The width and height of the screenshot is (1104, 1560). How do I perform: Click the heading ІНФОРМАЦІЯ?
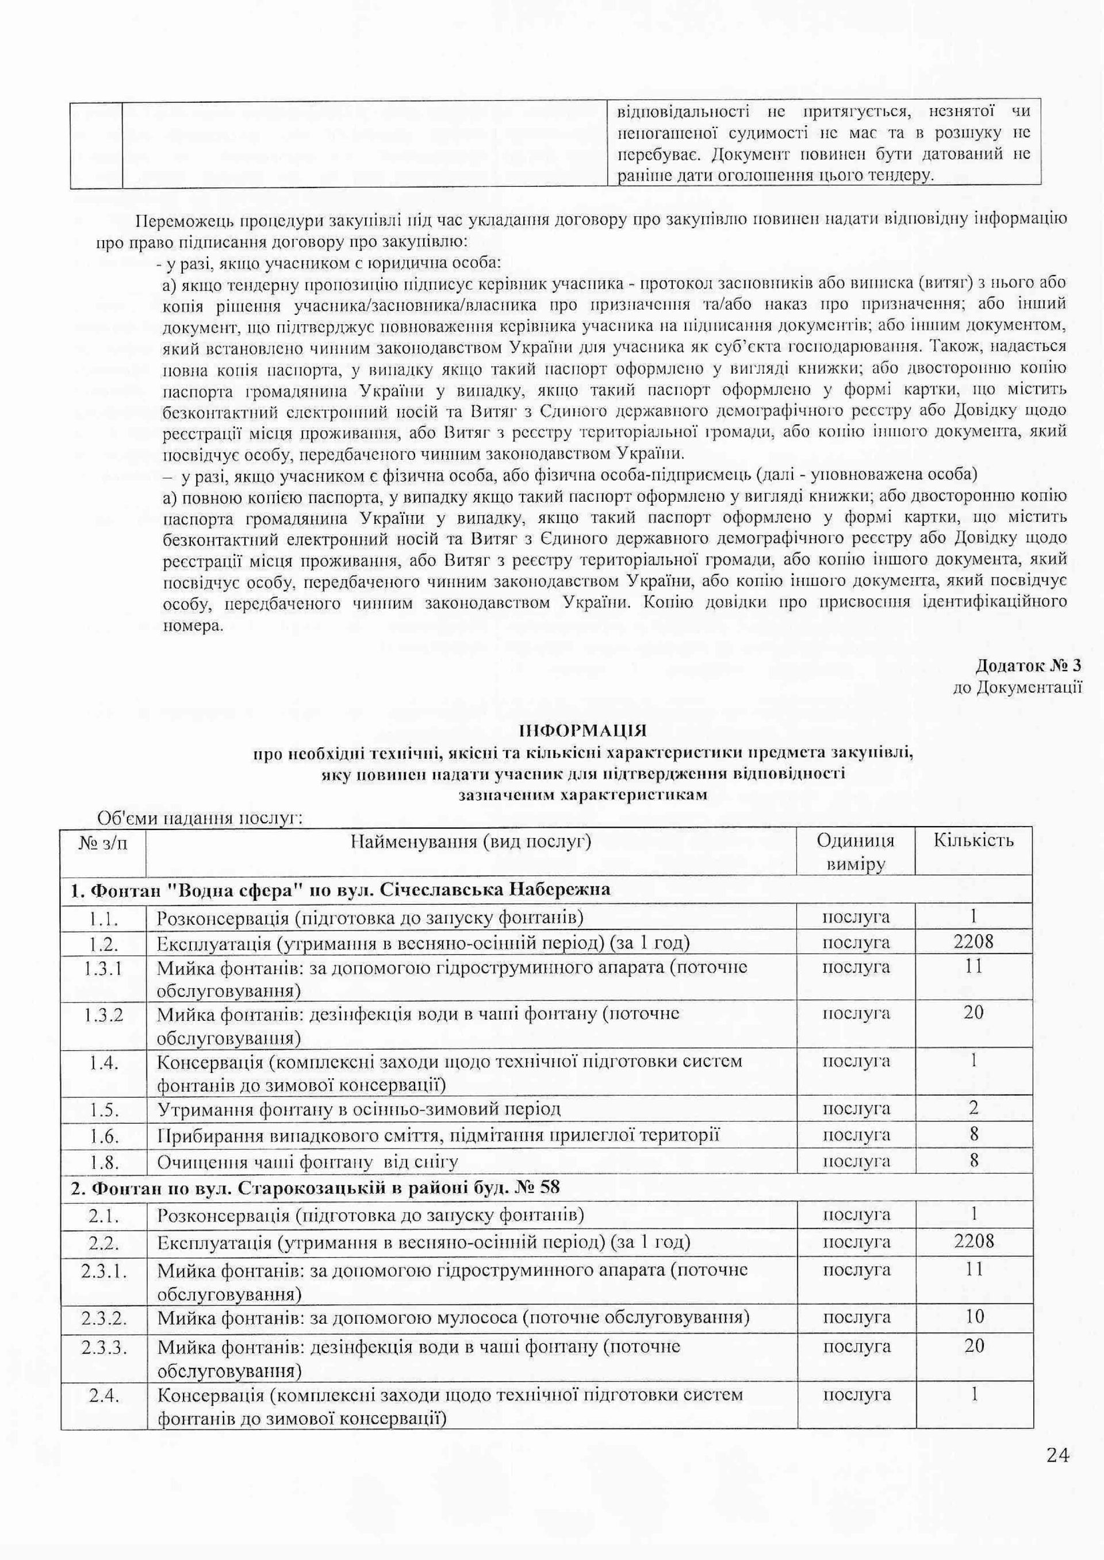(583, 731)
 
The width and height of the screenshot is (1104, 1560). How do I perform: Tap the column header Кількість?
(973, 840)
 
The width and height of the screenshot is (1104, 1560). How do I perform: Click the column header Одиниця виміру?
(855, 852)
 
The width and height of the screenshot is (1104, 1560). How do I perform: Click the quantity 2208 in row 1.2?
(973, 942)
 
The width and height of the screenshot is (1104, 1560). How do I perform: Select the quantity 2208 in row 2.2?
(973, 1242)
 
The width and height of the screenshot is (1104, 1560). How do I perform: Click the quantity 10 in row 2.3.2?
(974, 1316)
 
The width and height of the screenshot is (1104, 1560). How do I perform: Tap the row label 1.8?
(103, 1161)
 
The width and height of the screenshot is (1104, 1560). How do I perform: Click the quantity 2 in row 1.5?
(973, 1108)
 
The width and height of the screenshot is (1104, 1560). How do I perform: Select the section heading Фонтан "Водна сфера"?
(340, 889)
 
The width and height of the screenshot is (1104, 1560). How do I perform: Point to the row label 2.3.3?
(104, 1346)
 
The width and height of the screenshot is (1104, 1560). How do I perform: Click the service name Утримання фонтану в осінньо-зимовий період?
(359, 1109)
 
